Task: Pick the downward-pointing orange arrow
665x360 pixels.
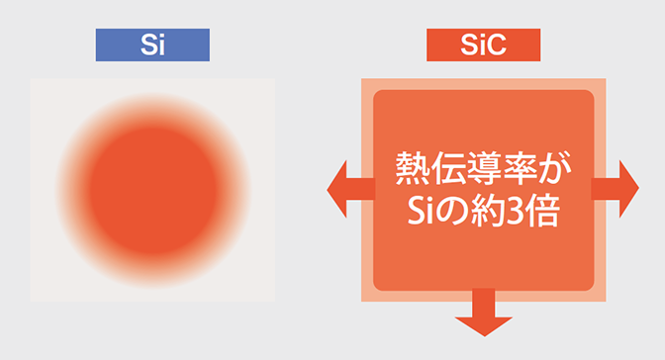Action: pyautogui.click(x=484, y=315)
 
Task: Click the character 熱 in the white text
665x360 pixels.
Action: pyautogui.click(x=412, y=166)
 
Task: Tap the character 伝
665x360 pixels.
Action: pyautogui.click(x=446, y=166)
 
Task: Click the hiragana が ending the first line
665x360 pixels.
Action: pyautogui.click(x=554, y=166)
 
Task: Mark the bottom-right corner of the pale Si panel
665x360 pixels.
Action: pyautogui.click(x=273, y=301)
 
